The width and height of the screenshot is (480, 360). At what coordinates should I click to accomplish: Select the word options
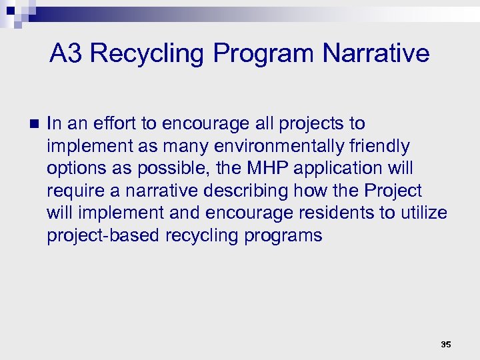tap(73, 169)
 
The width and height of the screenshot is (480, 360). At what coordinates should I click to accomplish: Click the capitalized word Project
tap(393, 191)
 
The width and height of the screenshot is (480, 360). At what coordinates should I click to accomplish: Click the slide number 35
tap(445, 345)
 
